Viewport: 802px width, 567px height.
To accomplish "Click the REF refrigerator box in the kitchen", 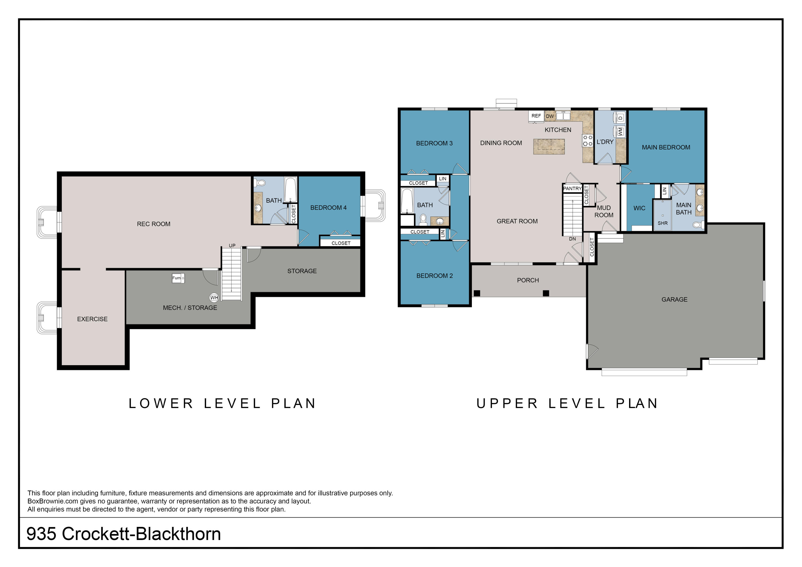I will [x=536, y=116].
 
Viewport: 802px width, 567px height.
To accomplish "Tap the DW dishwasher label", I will [x=550, y=116].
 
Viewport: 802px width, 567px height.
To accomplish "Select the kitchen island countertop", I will [x=549, y=146].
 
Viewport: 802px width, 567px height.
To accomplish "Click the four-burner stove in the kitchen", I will [x=588, y=140].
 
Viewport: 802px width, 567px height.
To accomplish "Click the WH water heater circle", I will [x=214, y=298].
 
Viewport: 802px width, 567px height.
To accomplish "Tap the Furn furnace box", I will [x=178, y=278].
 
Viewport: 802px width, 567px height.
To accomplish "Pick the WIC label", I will [x=639, y=208].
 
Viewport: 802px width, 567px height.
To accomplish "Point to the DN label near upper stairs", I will [x=572, y=239].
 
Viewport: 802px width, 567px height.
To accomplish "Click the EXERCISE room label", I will [x=92, y=319].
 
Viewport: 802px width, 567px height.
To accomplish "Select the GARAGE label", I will [x=674, y=299].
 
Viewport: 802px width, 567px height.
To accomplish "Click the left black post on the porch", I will [x=477, y=293].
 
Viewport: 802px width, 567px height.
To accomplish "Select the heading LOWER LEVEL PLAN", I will [x=222, y=403].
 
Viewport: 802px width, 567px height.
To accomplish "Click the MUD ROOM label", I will [x=604, y=212].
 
